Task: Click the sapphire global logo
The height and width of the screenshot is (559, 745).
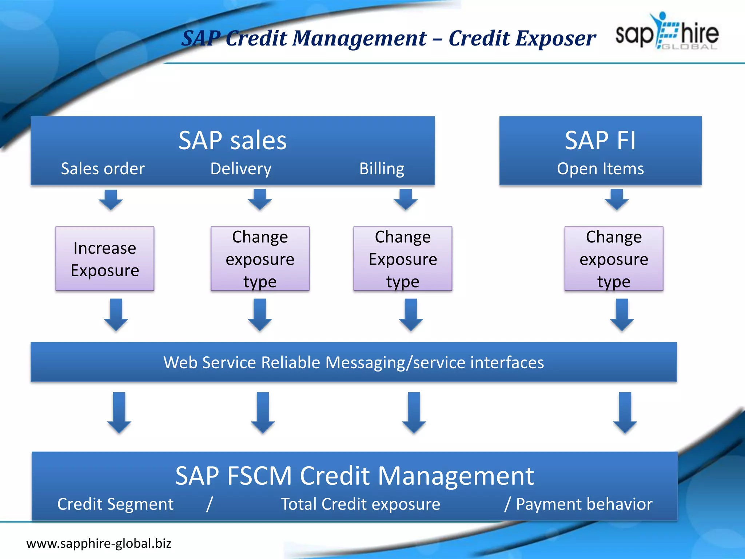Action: point(666,32)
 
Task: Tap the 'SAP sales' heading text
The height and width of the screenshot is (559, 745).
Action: point(232,140)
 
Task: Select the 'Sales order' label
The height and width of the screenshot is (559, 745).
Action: point(103,169)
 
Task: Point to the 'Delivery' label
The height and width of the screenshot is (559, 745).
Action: point(241,169)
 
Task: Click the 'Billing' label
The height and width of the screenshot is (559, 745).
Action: point(382,169)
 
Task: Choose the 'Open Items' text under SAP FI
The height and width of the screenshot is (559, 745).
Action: point(600,169)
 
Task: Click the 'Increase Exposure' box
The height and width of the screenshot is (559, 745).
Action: point(105,259)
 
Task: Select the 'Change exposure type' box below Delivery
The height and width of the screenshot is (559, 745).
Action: point(260,259)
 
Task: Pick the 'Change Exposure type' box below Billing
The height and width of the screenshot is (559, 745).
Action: point(403,259)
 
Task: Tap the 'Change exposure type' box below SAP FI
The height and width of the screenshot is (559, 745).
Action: point(614,259)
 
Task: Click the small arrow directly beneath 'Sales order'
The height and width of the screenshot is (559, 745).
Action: point(111,199)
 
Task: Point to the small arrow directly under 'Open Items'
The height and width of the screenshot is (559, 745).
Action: point(617,199)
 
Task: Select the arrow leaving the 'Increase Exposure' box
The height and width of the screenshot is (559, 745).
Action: point(116,314)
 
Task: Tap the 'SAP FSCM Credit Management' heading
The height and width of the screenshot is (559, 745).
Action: point(354,476)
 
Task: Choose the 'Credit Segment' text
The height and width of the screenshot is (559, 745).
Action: point(115,504)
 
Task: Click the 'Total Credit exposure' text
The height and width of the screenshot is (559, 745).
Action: point(360,504)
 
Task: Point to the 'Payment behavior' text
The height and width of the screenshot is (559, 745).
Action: point(584,504)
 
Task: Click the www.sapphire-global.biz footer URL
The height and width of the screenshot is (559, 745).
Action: point(99,543)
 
